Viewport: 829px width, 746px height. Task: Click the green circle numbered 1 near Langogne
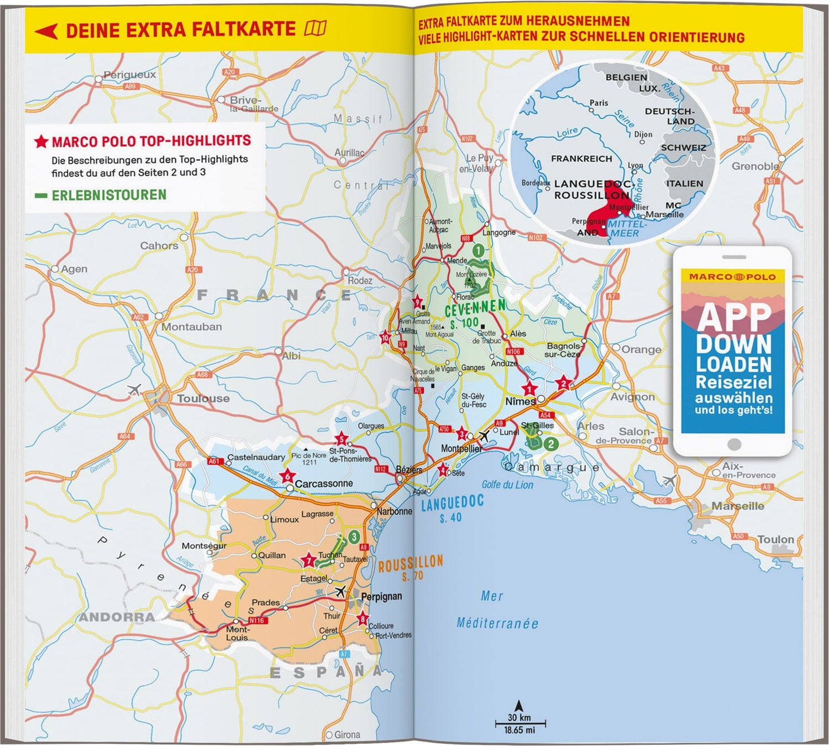tap(477, 250)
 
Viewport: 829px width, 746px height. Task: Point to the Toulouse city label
tap(203, 399)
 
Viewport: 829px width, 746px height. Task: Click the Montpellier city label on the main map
tap(461, 448)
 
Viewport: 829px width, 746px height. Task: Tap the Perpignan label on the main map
tap(382, 597)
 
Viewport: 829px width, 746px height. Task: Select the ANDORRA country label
tap(116, 617)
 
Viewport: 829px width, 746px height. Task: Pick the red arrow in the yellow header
tap(46, 30)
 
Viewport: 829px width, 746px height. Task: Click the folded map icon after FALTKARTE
tap(316, 28)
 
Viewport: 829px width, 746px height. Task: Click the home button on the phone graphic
tap(733, 444)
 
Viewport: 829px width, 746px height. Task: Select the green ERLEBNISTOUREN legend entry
tap(108, 195)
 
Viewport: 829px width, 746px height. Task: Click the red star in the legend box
tap(41, 141)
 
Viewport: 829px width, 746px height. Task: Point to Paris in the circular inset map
tap(598, 103)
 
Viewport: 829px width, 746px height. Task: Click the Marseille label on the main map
tap(738, 506)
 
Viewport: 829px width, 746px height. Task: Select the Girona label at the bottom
tap(347, 735)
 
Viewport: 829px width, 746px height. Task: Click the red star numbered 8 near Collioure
tap(363, 619)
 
